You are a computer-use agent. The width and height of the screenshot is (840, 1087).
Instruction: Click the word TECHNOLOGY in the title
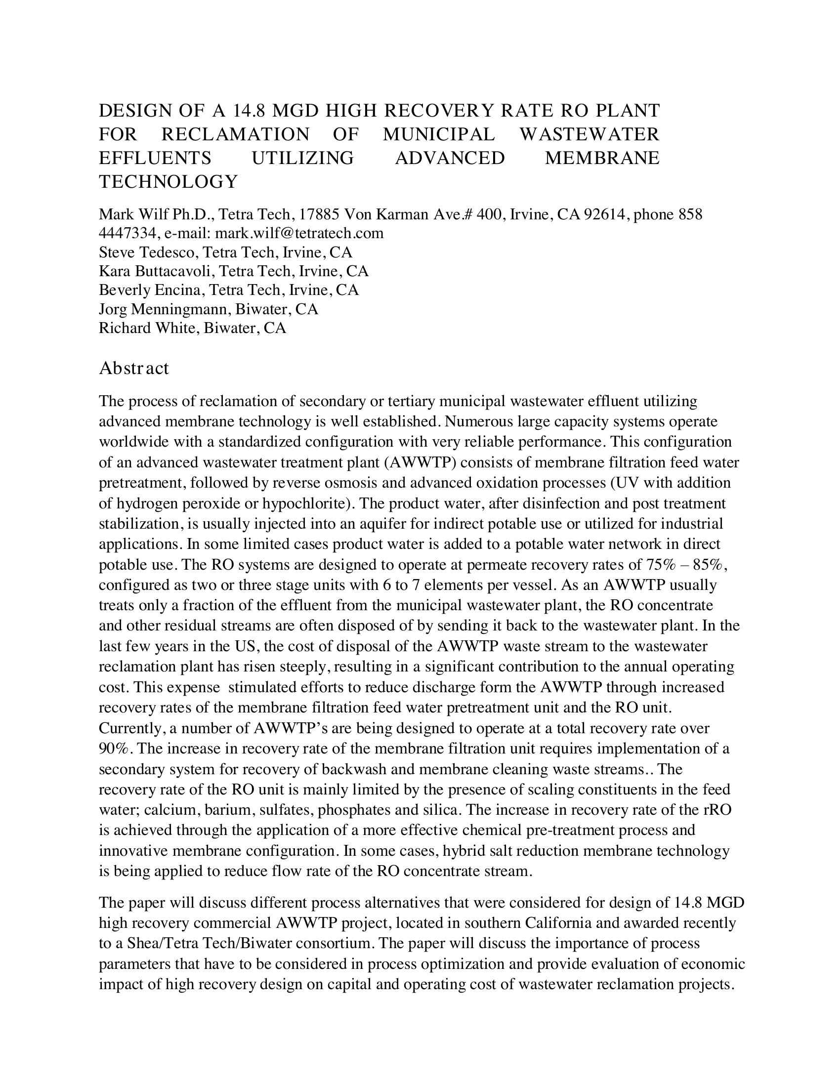(x=168, y=182)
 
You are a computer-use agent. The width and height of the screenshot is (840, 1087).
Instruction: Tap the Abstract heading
(x=134, y=368)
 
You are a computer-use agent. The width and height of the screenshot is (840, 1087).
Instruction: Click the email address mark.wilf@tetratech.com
(x=299, y=233)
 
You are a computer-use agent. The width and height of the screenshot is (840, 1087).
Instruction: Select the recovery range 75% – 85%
(x=687, y=565)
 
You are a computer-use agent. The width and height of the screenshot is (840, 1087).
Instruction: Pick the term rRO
(x=717, y=810)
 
